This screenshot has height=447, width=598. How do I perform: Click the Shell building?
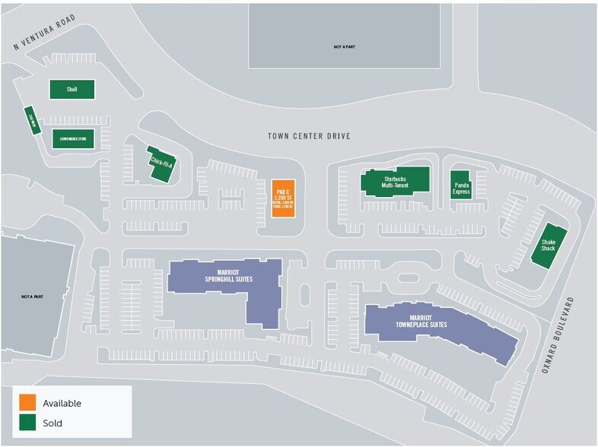click(x=72, y=89)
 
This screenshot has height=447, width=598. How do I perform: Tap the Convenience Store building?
click(x=72, y=138)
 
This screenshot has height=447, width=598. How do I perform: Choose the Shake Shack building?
click(x=549, y=245)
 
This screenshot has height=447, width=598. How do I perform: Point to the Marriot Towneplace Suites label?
click(x=420, y=320)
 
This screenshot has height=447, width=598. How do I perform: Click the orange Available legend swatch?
click(x=27, y=403)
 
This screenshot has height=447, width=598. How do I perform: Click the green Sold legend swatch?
click(x=27, y=423)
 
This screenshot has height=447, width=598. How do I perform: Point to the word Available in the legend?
click(x=62, y=403)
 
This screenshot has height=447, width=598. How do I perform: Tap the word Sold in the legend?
click(x=52, y=423)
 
